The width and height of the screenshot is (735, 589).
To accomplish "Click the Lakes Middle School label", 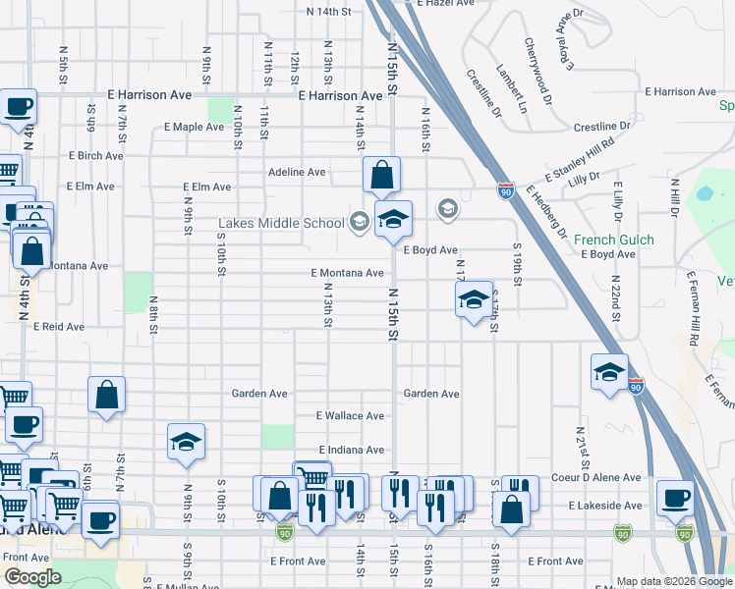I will pyautogui.click(x=281, y=223).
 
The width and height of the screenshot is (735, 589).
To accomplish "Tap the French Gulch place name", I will pyautogui.click(x=607, y=240).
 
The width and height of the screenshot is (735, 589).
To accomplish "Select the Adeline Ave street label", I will pyautogui.click(x=297, y=172).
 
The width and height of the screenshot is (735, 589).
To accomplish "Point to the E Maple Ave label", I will pyautogui.click(x=195, y=127).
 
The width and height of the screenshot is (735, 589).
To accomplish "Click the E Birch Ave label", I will pyautogui.click(x=96, y=156).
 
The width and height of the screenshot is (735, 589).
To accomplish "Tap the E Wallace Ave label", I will pyautogui.click(x=350, y=416).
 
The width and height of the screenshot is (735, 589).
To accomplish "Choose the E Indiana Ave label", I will pyautogui.click(x=351, y=450).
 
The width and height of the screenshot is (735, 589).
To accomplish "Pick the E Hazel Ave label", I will pyautogui.click(x=445, y=4).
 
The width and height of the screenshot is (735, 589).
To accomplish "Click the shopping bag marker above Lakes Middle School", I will pyautogui.click(x=381, y=176).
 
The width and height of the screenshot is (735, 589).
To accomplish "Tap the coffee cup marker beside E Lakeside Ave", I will pyautogui.click(x=674, y=498).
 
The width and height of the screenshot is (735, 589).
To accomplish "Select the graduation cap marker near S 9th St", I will pyautogui.click(x=185, y=443).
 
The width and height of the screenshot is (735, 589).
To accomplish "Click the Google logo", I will pyautogui.click(x=32, y=577).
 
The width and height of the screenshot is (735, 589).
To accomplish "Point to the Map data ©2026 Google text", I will pyautogui.click(x=673, y=581).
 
